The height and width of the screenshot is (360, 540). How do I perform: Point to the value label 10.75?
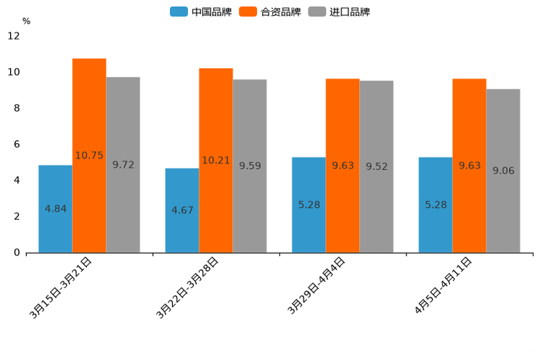point(89,155)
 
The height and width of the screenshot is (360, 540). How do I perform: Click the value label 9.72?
point(123,165)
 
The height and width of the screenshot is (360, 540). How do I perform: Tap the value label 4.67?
point(182,210)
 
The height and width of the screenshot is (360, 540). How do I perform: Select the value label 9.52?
point(377,166)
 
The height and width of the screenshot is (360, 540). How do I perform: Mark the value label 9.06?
point(503,171)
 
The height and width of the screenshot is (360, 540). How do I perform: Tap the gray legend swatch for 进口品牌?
point(317,12)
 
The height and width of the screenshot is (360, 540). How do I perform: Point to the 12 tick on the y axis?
point(14,36)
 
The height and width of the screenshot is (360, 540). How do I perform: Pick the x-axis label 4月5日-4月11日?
point(443,286)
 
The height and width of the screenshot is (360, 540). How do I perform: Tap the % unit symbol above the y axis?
point(26,21)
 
